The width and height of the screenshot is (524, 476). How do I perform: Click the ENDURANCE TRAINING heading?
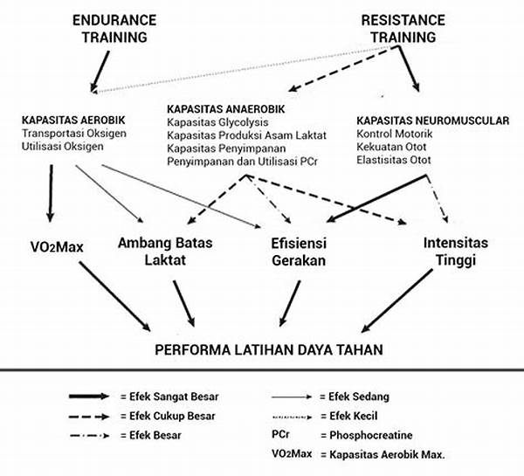114,29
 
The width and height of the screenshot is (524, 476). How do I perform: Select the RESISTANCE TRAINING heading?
403,29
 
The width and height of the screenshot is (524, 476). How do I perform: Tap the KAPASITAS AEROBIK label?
73,120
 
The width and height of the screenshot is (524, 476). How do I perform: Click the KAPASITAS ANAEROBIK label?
226,109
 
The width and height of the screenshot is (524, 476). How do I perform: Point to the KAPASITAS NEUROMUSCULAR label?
433,121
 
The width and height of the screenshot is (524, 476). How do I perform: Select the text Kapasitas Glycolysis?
217,122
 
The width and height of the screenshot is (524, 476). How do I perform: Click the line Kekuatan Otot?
391,147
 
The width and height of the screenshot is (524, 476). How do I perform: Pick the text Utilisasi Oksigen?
63,147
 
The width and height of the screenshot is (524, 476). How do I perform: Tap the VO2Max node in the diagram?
57,247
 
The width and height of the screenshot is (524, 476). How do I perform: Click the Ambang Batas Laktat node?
165,252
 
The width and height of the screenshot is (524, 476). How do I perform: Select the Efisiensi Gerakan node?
299,252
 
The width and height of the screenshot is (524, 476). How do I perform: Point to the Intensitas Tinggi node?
456,252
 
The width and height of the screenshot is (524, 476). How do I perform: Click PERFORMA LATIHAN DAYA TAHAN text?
269,350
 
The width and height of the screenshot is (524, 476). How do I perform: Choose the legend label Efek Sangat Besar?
169,397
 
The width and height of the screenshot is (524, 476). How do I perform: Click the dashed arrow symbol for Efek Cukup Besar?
89,417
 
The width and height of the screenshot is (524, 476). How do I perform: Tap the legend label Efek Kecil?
348,416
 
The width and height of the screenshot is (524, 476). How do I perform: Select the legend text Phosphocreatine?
367,435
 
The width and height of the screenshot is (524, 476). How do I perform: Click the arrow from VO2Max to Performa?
114,296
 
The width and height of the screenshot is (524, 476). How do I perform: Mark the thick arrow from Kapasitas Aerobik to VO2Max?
51,193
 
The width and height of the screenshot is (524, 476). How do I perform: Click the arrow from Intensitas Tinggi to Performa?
397,300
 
